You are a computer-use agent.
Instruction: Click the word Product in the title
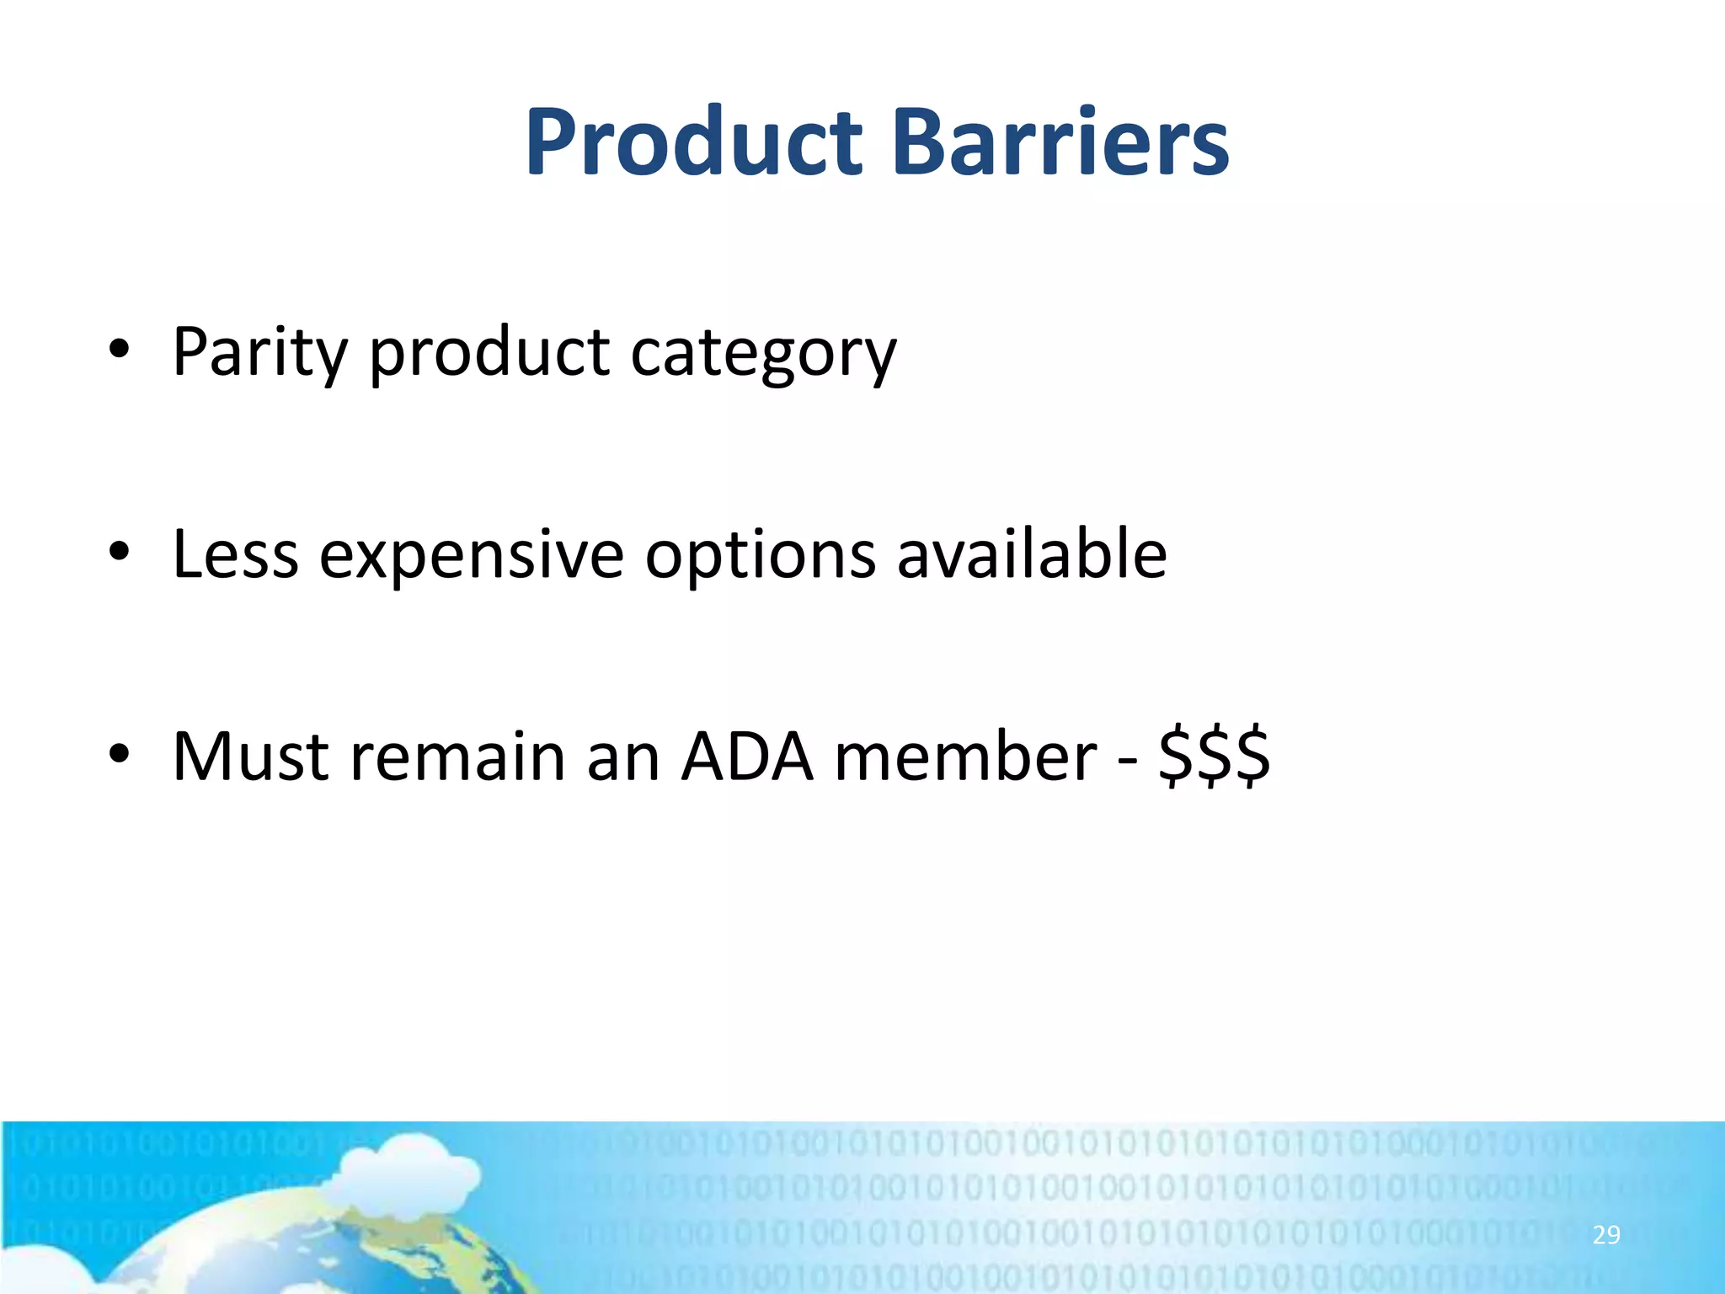pos(693,143)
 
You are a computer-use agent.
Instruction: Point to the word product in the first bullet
pos(489,352)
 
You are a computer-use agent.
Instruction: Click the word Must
pos(250,757)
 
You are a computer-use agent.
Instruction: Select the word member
pos(966,757)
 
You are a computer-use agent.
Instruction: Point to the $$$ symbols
pos(1214,757)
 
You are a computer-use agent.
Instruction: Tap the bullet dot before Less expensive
pos(119,552)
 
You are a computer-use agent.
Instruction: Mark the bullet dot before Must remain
pos(119,754)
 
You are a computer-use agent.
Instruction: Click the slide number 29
pos(1606,1235)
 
